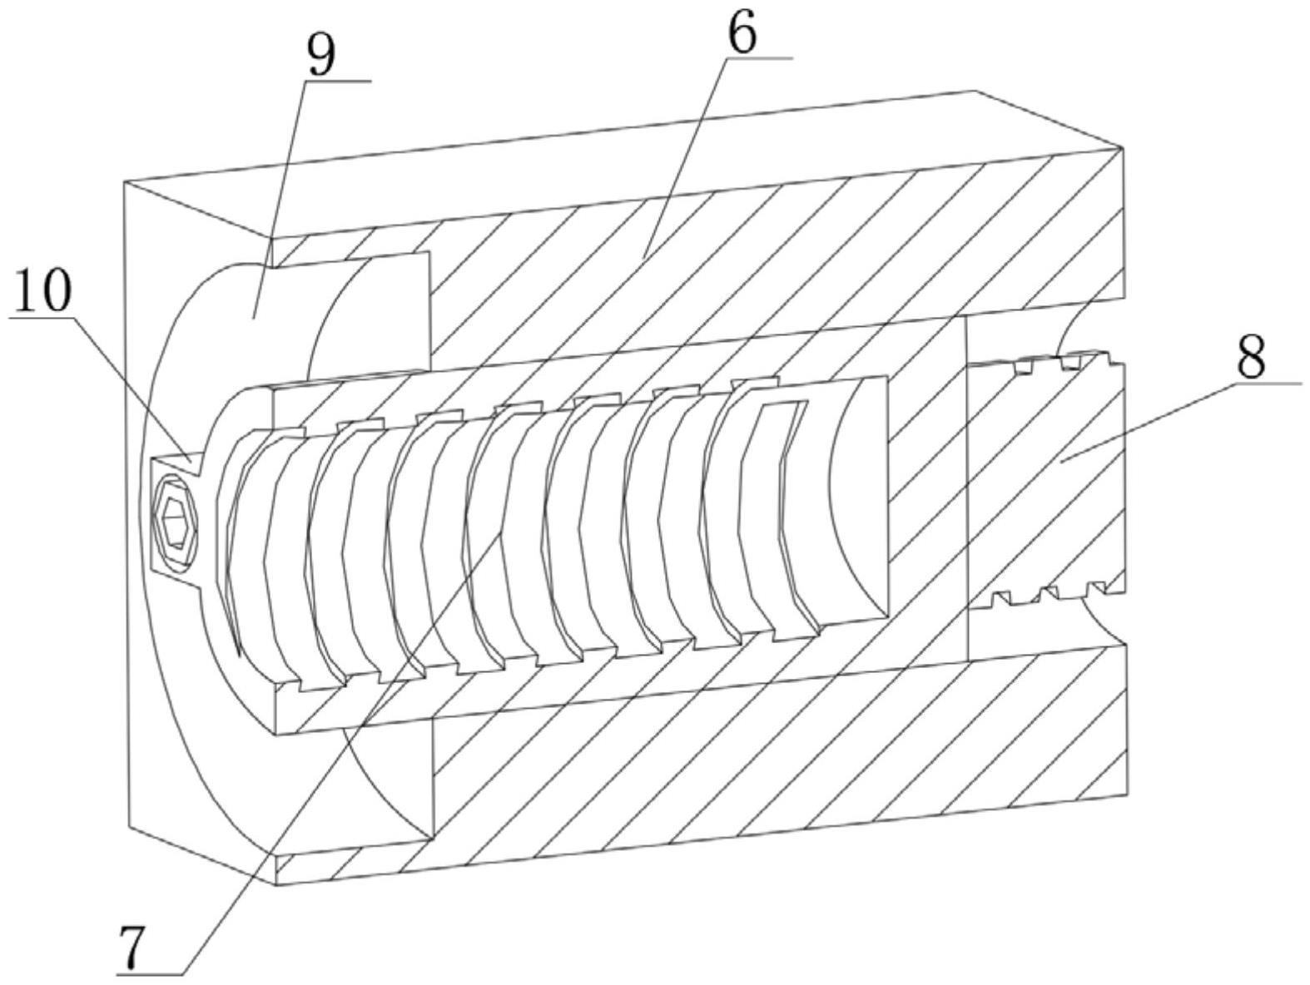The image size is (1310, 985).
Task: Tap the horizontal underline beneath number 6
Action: coord(757,58)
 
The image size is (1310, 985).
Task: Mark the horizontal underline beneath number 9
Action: coord(337,81)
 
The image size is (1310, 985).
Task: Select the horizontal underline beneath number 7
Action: coord(150,973)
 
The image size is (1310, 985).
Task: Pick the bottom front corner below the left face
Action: coord(275,884)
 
